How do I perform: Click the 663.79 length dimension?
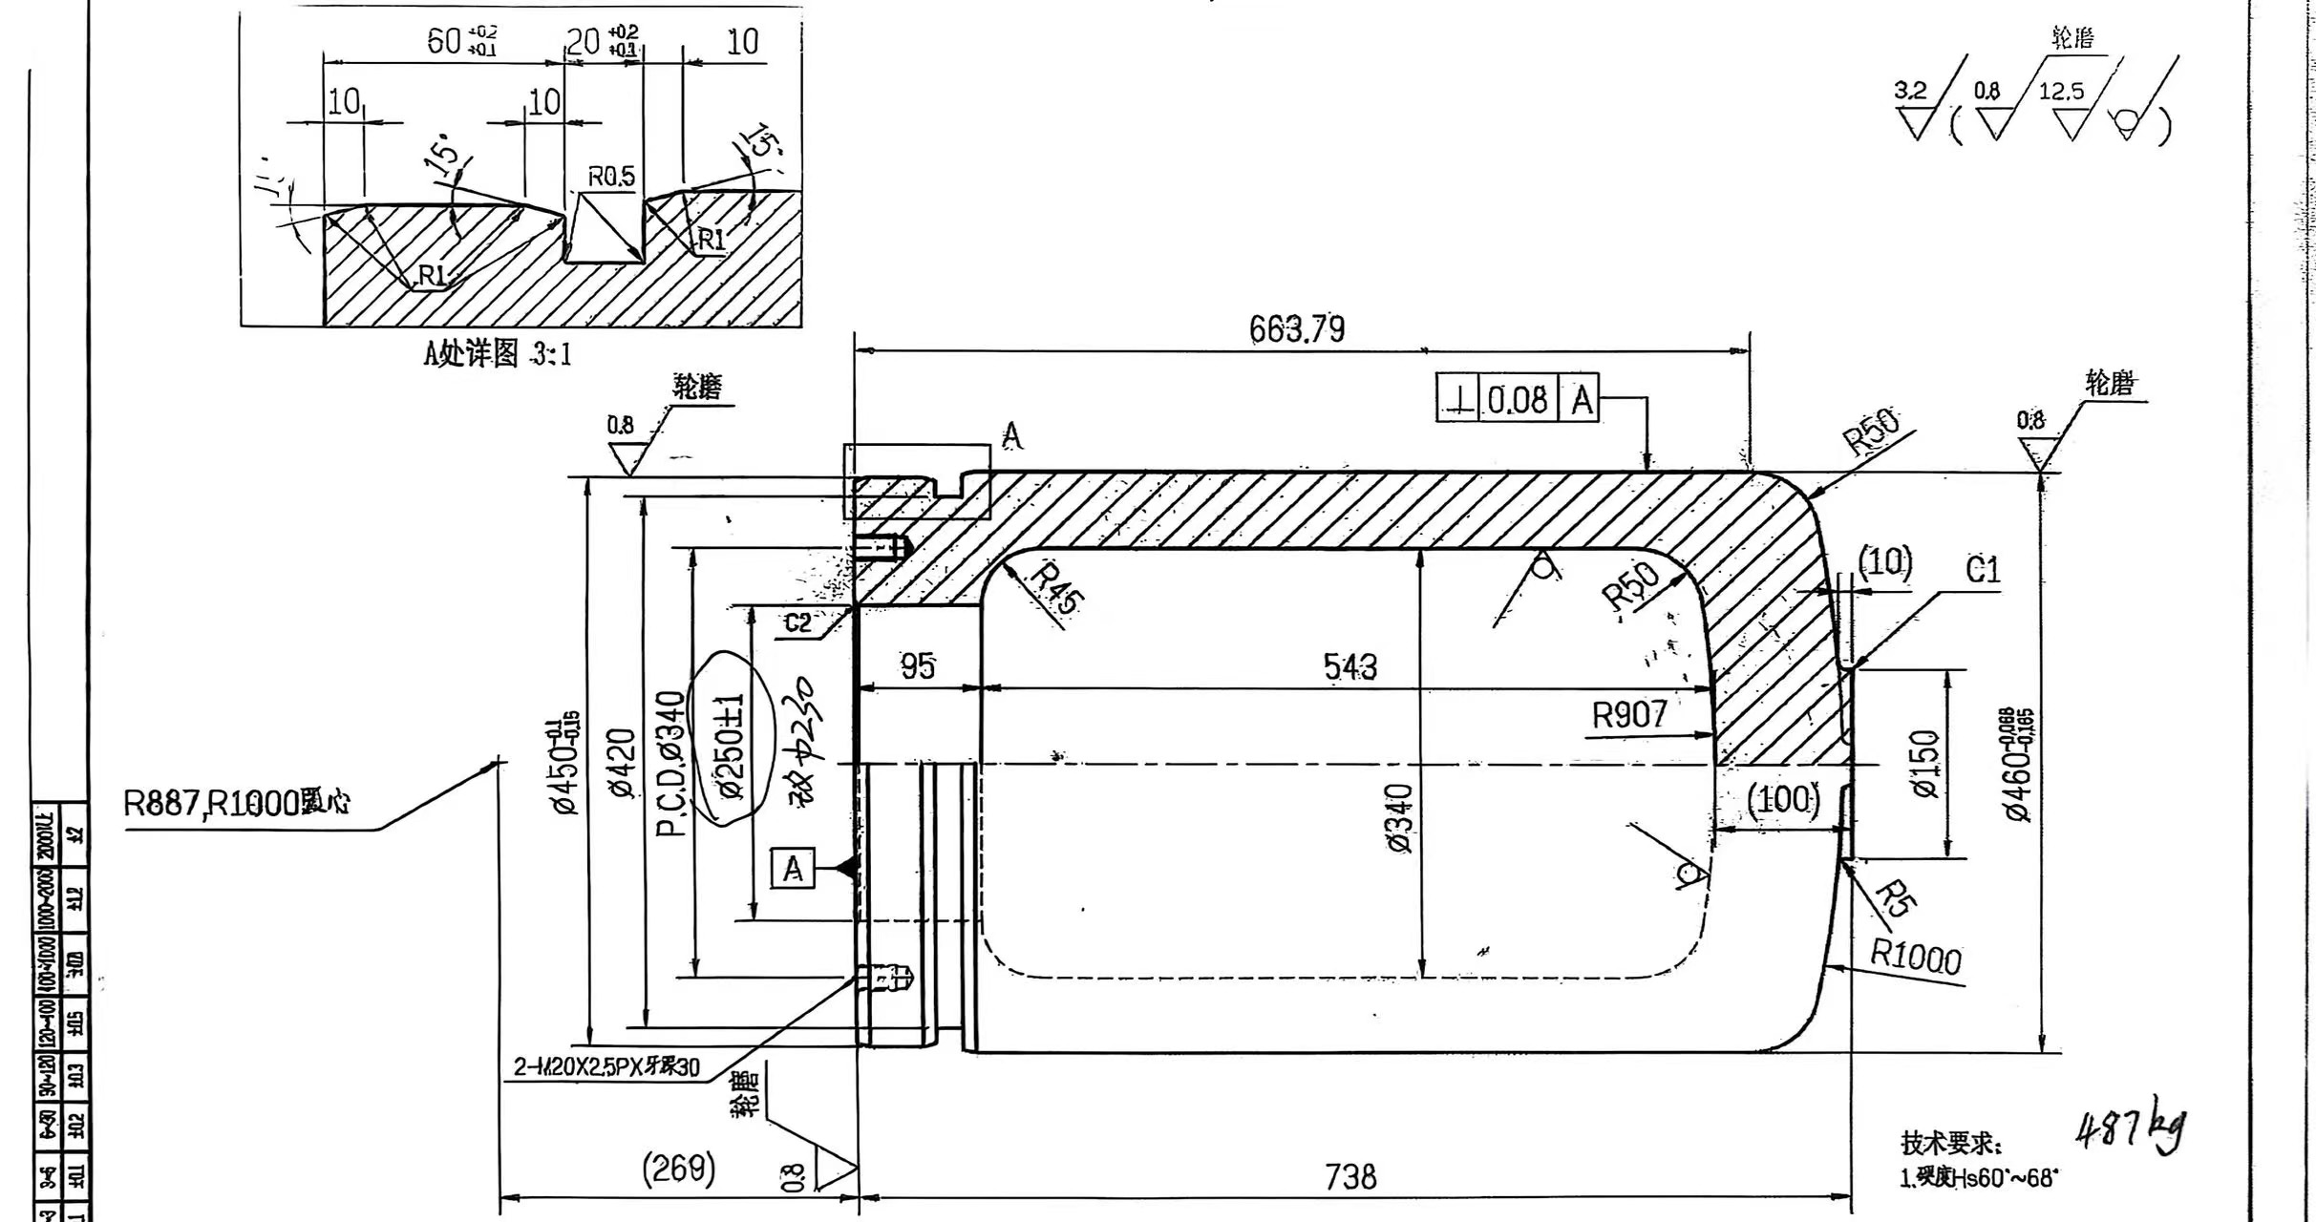point(1297,329)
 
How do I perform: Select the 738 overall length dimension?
point(1350,1176)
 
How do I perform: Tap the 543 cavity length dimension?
point(1350,666)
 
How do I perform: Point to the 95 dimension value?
point(918,666)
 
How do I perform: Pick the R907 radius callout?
point(1629,714)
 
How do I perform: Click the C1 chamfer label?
point(1983,570)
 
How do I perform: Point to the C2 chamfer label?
point(798,623)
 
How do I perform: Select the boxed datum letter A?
point(793,869)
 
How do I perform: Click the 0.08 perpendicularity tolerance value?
point(1517,400)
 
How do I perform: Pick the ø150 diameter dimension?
point(1925,764)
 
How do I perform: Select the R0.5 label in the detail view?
point(610,177)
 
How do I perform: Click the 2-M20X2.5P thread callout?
point(606,1066)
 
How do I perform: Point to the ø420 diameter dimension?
point(621,764)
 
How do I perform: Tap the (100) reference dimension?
point(1782,798)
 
